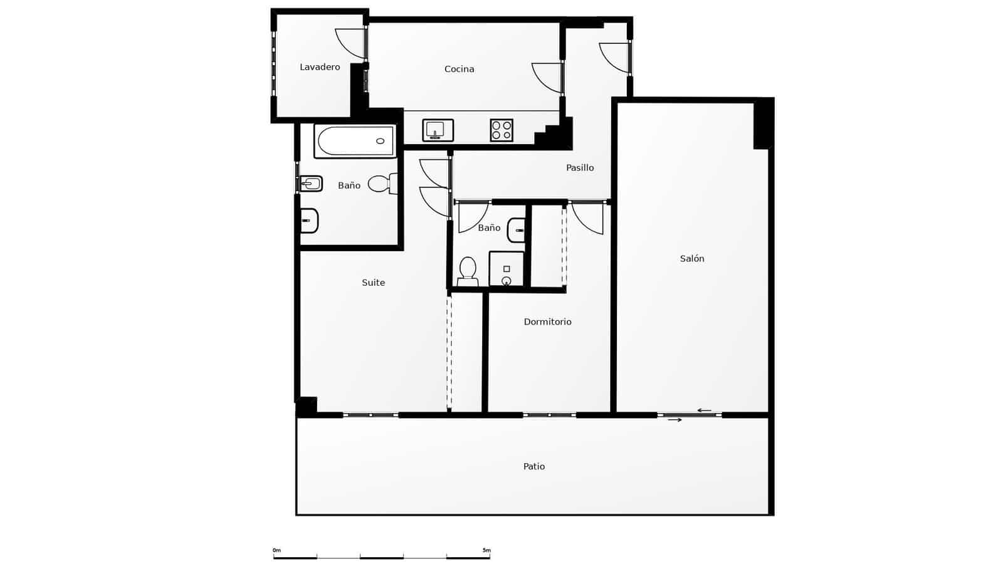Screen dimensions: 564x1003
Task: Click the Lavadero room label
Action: [320, 67]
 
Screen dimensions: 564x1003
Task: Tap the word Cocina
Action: [459, 69]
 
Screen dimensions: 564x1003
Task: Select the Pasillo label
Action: [580, 167]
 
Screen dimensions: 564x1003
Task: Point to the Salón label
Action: [692, 258]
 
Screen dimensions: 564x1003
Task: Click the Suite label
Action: [373, 283]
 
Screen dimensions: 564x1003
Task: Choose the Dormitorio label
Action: [547, 321]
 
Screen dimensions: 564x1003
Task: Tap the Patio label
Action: [534, 466]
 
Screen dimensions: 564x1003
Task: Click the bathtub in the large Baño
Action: [354, 142]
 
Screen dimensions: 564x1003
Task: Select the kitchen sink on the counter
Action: [438, 130]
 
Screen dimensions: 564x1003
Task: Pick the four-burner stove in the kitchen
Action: [501, 130]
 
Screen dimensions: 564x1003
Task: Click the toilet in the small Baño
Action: [468, 270]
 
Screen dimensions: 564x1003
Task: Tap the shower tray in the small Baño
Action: [507, 268]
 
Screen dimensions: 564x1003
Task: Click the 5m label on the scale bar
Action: [486, 550]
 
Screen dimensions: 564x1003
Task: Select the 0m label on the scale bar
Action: [276, 550]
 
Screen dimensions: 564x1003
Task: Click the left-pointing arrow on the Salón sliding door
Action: [704, 410]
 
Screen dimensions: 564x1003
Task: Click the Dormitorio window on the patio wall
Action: [549, 415]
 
